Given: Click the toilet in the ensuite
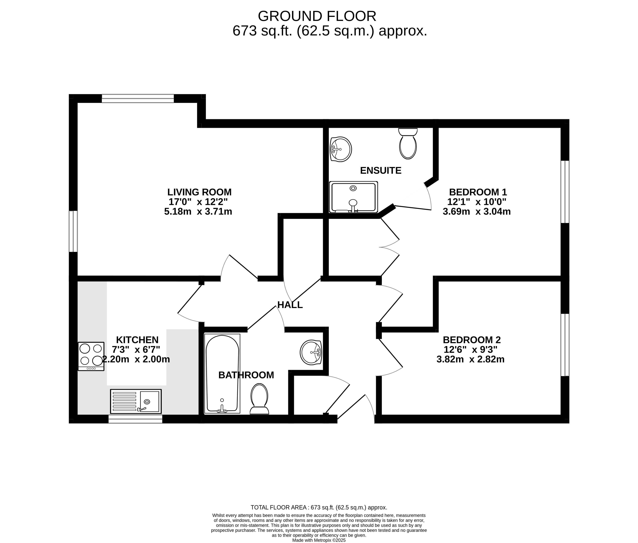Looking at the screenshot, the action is tap(408, 143).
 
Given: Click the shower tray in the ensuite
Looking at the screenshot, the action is tap(353, 197).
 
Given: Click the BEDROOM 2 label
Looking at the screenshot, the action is tap(472, 340).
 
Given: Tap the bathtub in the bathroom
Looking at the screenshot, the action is tap(222, 373).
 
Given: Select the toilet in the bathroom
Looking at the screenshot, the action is tap(259, 399).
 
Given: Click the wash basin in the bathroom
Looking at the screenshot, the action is tap(311, 352).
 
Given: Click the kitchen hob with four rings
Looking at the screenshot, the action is tap(91, 356).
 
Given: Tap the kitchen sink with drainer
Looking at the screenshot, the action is tap(136, 401).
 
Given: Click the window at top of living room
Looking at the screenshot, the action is tap(138, 98).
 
